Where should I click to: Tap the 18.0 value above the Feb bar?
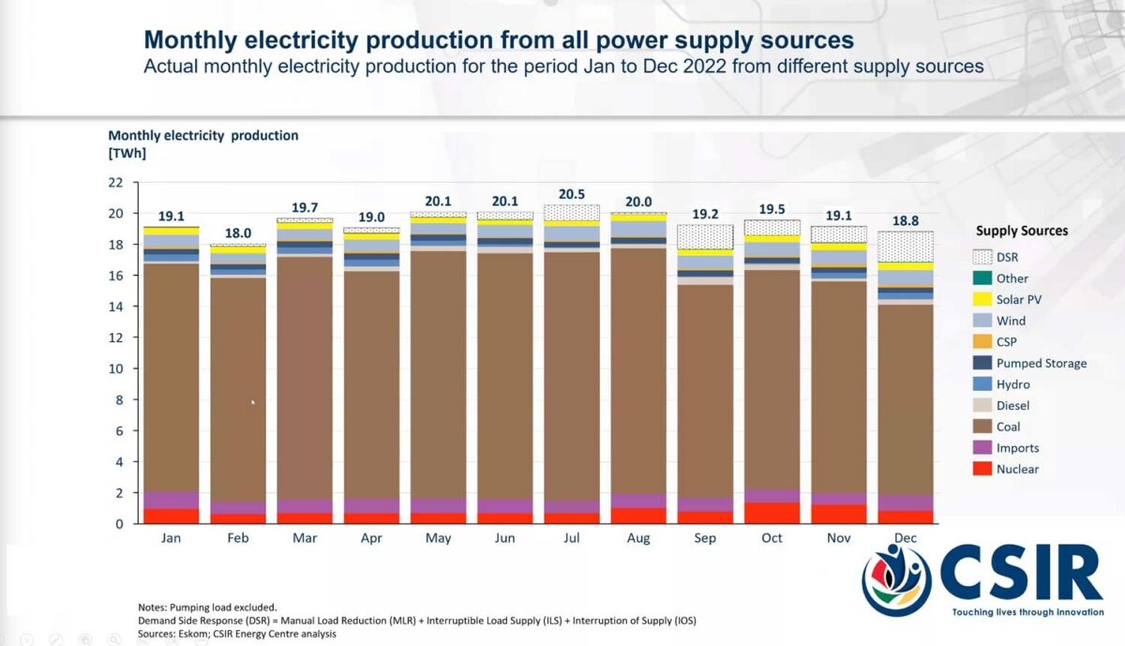coord(237,233)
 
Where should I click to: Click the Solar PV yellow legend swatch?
coord(982,299)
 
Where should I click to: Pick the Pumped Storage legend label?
coord(1041,363)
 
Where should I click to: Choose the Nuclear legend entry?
coord(1017,469)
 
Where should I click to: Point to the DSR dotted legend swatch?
coord(982,256)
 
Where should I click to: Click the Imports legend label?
coord(1017,448)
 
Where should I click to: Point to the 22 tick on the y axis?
coord(116,183)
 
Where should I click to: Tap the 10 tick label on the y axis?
coord(116,368)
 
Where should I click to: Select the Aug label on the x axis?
coord(638,538)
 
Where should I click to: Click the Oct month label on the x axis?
coord(772,538)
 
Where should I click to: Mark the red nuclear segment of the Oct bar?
coord(772,513)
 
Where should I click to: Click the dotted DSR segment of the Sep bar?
coord(705,237)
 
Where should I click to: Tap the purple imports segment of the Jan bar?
coord(171,500)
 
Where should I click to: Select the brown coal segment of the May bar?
coord(438,375)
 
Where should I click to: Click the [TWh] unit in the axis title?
coord(127,153)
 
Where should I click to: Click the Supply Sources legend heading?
coord(1021,231)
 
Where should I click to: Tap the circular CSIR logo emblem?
coord(896,579)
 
